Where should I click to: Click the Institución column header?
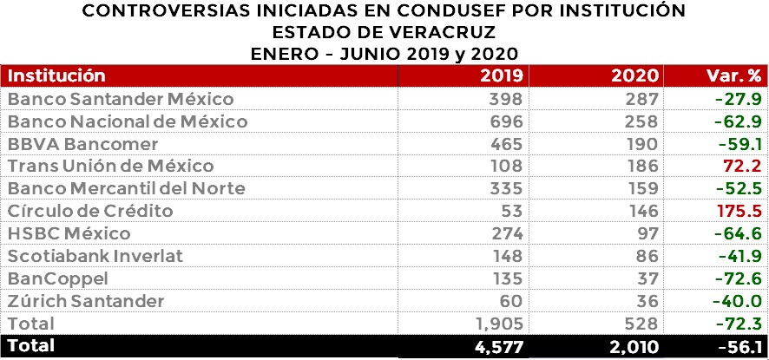[x=56, y=75]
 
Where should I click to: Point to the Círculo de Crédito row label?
[x=90, y=211]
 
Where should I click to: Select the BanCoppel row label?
[x=57, y=278]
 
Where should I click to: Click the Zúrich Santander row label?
[x=86, y=301]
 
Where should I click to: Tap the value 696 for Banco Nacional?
[x=505, y=121]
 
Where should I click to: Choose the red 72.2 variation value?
[x=742, y=166]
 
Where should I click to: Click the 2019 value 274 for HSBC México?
[x=505, y=233]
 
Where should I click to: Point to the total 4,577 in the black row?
[x=496, y=346]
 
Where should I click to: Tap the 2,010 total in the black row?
[x=634, y=346]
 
